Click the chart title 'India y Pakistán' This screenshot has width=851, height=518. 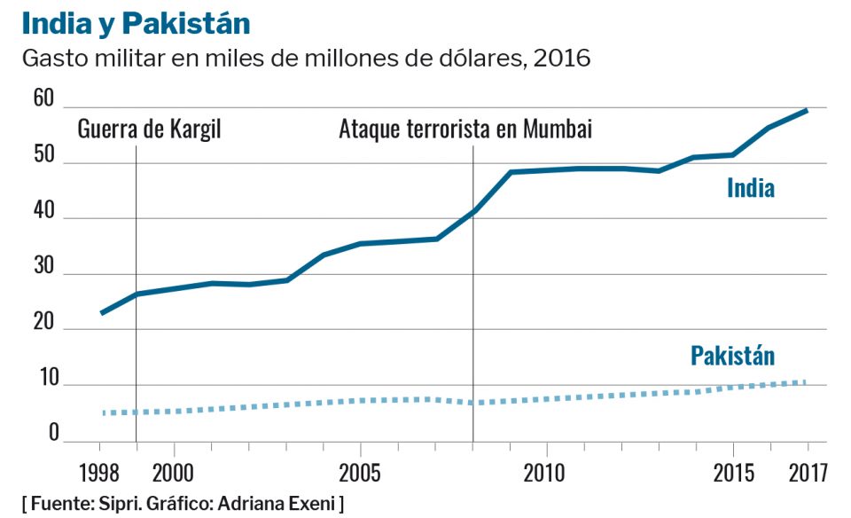coord(136,23)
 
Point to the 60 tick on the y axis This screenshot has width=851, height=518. coord(43,98)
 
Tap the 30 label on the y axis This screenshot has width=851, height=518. coord(43,266)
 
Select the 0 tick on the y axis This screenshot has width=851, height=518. coord(53,432)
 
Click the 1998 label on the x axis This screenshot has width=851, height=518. coord(100,470)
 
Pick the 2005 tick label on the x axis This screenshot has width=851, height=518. coord(359,470)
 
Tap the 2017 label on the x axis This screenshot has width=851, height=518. coord(808,470)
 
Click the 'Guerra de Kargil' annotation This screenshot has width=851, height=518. coord(150,129)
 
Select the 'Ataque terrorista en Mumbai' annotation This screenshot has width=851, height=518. coord(465,129)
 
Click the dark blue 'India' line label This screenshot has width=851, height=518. coord(751,188)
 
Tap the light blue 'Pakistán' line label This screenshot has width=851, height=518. coord(732,357)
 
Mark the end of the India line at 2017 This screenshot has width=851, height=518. coord(807,110)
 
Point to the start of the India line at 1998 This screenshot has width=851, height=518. coord(102,313)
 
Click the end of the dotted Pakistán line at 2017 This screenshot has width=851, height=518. coord(807,382)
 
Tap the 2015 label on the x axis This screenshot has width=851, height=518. coord(731,470)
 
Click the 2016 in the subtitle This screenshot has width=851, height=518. coord(564,59)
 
